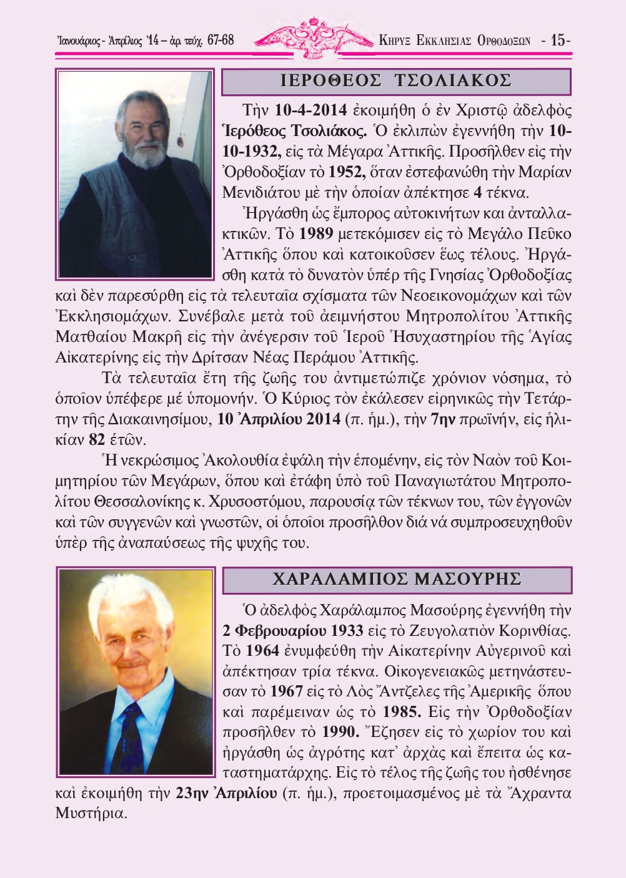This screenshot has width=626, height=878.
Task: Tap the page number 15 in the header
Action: pos(558,41)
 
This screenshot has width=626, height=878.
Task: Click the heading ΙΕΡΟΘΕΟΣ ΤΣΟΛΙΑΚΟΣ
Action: pos(396,81)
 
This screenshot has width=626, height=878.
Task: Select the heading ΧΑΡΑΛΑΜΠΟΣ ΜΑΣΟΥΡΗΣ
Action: pos(397,580)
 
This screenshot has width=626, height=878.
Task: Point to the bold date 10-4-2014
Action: pos(311,110)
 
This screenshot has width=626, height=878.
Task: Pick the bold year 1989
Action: pos(316,234)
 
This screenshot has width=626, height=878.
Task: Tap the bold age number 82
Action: pos(97,440)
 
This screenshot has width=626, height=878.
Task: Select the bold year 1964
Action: pos(262,651)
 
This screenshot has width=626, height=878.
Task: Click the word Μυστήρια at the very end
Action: pos(91,814)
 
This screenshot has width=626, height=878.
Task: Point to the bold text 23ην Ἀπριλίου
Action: pos(226,793)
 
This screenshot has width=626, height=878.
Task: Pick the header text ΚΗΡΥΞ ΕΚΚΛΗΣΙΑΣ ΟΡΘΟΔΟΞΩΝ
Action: pos(455,41)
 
